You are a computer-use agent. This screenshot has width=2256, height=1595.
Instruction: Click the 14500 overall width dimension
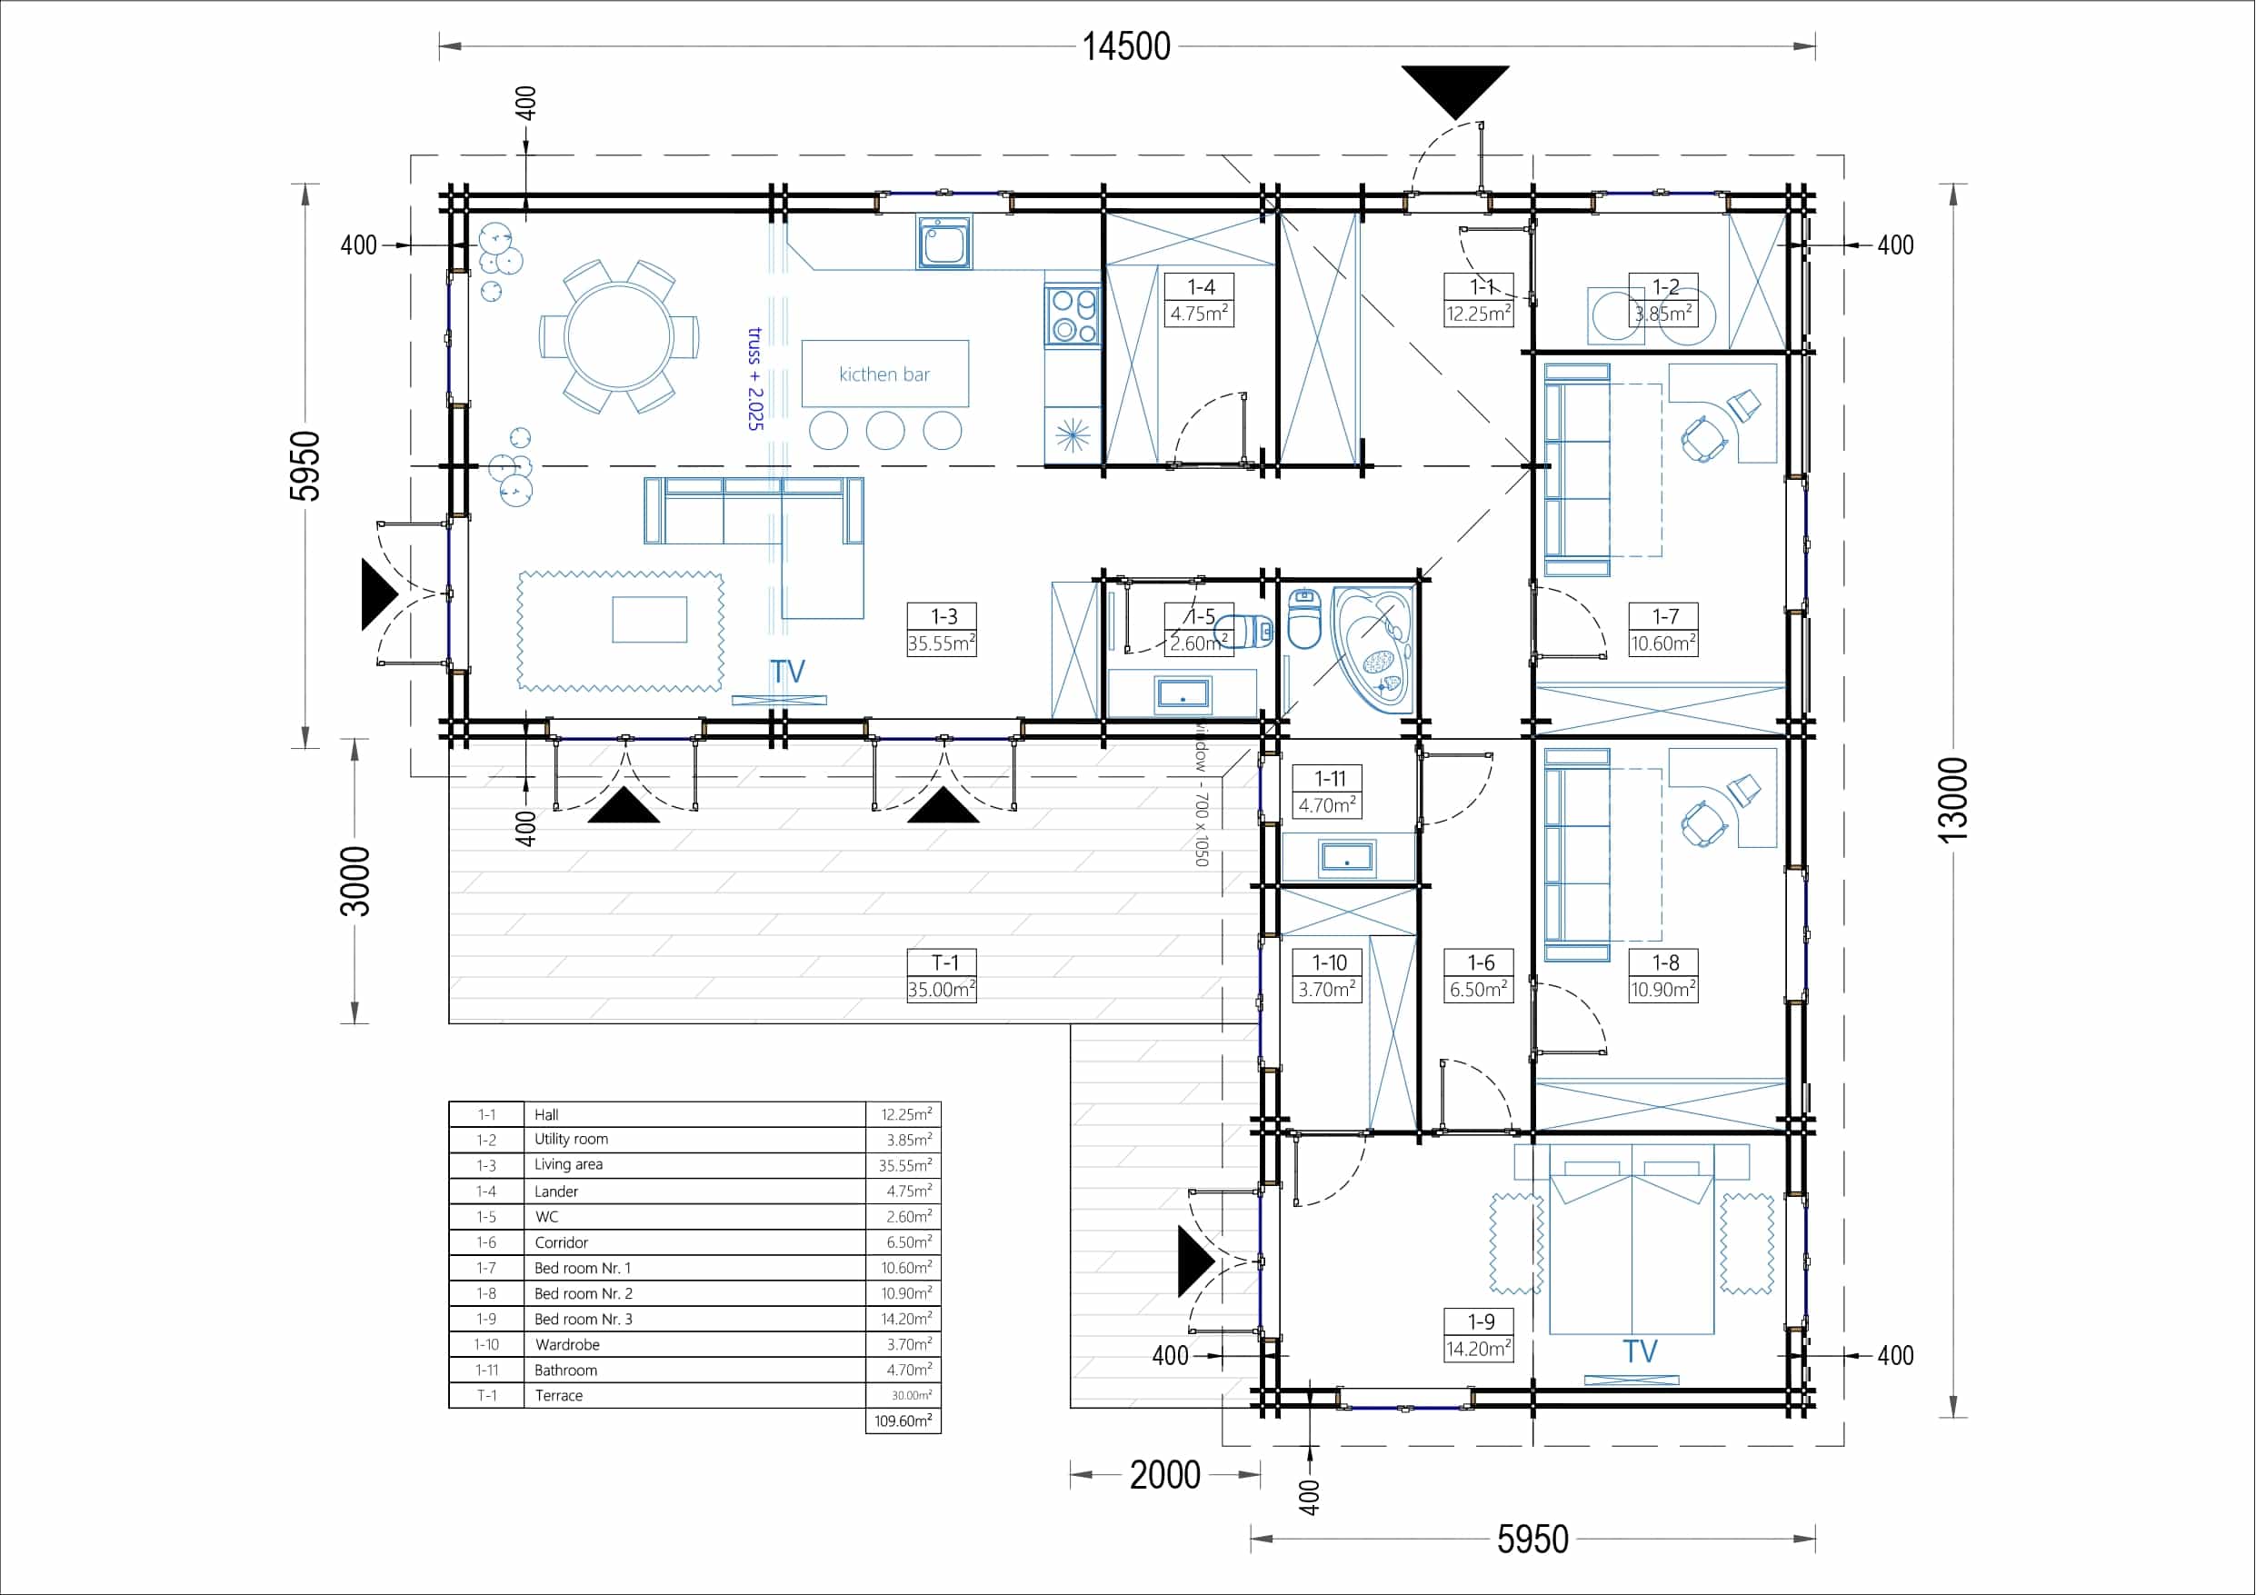[x=1126, y=46]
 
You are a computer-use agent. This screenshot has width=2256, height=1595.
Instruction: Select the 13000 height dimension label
[x=1953, y=799]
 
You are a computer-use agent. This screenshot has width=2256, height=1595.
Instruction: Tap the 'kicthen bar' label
[x=884, y=374]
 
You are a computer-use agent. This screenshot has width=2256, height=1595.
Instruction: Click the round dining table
[x=619, y=336]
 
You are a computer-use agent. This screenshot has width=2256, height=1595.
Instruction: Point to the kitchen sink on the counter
[x=944, y=242]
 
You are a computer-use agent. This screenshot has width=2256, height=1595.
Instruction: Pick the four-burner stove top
[x=1073, y=314]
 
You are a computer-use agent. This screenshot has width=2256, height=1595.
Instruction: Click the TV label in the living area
[x=788, y=673]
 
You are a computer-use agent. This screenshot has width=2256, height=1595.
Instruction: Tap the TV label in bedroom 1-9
[x=1640, y=1351]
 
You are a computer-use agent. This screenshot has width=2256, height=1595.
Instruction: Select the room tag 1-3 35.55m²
[x=943, y=630]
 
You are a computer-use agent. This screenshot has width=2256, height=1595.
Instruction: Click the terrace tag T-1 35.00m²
[x=943, y=976]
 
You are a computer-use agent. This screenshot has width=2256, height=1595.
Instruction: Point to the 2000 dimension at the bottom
[x=1165, y=1475]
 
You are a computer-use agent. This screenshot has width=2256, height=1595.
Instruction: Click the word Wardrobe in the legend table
[x=567, y=1344]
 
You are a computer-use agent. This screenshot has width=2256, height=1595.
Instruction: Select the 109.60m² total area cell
[x=903, y=1421]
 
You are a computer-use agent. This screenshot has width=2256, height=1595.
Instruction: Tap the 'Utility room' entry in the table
[x=571, y=1139]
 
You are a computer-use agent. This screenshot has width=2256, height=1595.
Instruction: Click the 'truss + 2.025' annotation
[x=755, y=379]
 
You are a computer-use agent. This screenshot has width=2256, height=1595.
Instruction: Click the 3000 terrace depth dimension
[x=354, y=882]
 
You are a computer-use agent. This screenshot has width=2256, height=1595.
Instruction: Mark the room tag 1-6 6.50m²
[x=1479, y=976]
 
